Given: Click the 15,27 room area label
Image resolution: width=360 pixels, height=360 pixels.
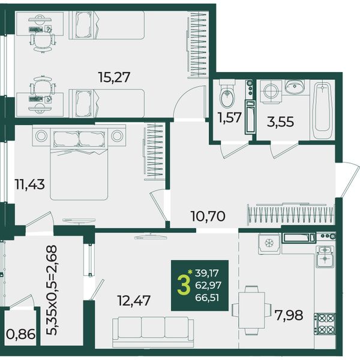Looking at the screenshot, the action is point(114,77).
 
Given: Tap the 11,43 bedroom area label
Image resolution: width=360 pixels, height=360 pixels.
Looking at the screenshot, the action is point(29,184).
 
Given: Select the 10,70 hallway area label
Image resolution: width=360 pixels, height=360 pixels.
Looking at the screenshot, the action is point(208,216).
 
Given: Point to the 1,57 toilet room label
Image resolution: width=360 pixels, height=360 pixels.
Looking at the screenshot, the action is point(230,118).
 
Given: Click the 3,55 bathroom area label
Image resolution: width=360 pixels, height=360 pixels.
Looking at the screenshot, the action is point(280,122).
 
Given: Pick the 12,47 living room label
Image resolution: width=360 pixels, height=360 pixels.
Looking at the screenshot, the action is point(134,301).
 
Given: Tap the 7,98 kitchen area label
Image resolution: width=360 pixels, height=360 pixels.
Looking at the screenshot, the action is point(289,315).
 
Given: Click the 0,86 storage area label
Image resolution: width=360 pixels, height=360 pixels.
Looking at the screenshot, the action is point(20,334).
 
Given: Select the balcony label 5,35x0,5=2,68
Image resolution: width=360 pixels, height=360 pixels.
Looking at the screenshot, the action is point(52,290).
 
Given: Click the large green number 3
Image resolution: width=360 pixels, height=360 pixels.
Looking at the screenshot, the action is point(184,286).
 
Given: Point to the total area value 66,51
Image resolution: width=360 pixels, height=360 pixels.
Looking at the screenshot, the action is point(207,298).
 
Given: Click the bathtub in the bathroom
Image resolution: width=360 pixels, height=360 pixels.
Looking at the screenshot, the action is point(322,110).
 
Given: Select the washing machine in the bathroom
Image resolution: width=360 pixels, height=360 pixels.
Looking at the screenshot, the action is point(271,91).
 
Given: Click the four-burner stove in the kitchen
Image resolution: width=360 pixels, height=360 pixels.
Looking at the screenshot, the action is point(325,324).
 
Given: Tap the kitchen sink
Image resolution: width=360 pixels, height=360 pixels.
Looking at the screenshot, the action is point(325,256).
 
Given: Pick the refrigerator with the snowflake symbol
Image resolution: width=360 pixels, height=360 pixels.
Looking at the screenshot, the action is point(269,244).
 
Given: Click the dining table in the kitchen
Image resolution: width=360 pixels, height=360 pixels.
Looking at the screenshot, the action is point(251,310).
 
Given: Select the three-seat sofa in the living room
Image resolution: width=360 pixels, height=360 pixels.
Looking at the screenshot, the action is point(153,331).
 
